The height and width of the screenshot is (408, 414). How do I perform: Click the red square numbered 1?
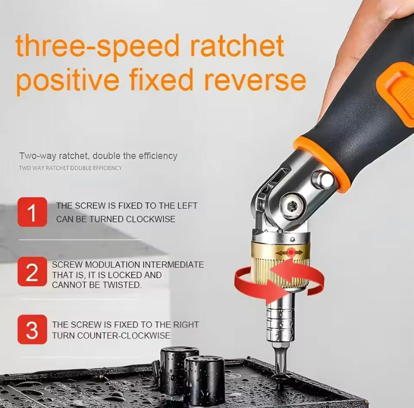coord(32,212)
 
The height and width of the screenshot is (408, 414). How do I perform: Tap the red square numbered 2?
coord(32,271)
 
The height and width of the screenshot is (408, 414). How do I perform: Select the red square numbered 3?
coord(32,329)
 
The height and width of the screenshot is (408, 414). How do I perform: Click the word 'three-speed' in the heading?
coord(97,45)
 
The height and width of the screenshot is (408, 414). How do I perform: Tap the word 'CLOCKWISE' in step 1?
coord(151,219)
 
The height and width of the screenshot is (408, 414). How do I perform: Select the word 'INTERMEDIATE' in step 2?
coord(173,264)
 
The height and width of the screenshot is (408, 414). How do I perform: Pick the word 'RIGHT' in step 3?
coord(186,324)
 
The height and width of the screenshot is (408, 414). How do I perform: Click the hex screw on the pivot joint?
coord(292,205)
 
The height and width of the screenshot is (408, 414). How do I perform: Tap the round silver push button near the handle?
coord(323,180)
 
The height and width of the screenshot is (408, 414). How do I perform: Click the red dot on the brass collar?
coord(290,252)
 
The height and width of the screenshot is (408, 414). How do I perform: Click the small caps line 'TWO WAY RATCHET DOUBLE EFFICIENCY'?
coord(70,168)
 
